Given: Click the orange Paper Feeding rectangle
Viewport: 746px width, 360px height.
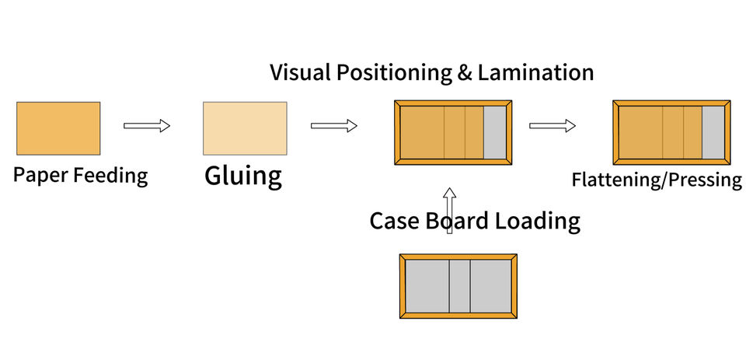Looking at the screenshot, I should point(58,128).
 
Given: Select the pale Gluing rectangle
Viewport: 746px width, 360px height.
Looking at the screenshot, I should point(245,128).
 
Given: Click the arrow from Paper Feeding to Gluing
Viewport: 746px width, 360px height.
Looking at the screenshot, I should point(147,125).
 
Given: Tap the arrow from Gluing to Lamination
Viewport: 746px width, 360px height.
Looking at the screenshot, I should point(333,125).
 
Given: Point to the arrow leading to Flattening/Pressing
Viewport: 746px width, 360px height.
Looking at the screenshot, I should point(553,125).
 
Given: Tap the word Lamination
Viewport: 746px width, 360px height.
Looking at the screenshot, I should point(535,73).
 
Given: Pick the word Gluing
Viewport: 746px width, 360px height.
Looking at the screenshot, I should point(243,177).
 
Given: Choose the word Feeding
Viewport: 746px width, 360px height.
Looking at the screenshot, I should point(110,176).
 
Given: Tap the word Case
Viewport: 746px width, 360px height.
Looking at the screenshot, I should point(395,221).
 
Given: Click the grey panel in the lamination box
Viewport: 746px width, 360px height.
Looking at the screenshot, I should point(494,132).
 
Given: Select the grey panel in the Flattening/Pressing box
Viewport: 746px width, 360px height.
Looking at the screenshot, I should point(713,132).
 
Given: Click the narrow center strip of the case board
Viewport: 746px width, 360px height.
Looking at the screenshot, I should point(459,286).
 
